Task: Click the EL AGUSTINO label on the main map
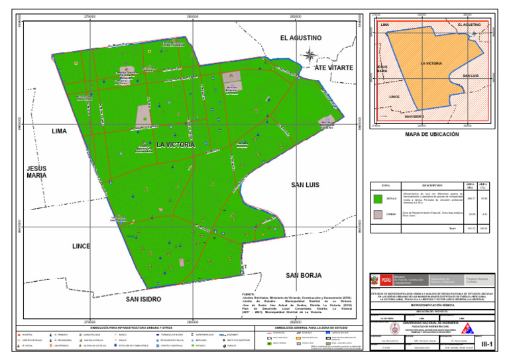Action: click(x=300, y=38)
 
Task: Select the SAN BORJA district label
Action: click(x=304, y=274)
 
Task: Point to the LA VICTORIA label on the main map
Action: click(x=176, y=145)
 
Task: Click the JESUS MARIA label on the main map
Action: click(x=36, y=172)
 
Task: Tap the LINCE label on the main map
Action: click(x=81, y=246)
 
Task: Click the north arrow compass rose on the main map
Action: click(x=308, y=56)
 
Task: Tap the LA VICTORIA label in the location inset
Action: click(x=431, y=63)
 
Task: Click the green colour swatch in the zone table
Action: click(x=378, y=198)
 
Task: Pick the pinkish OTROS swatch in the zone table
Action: click(x=378, y=214)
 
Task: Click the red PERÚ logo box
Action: click(x=386, y=280)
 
